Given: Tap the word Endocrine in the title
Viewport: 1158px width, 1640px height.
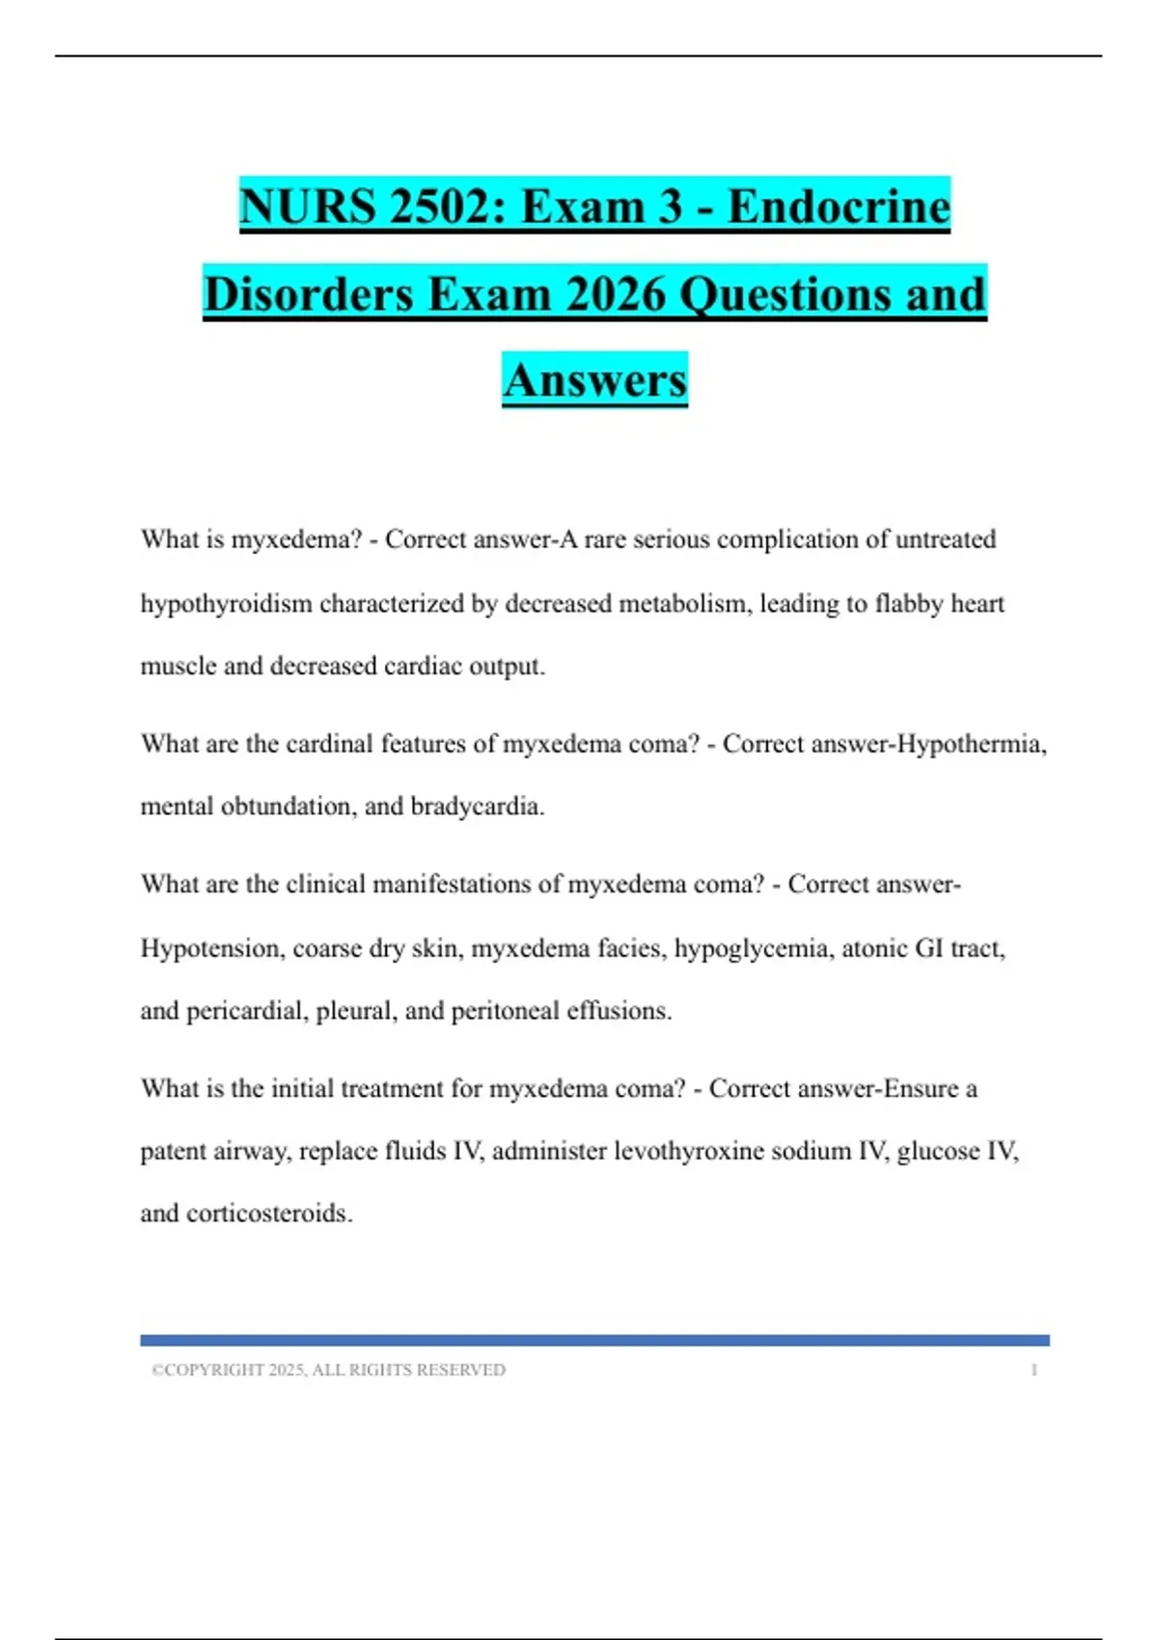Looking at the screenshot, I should (x=839, y=206).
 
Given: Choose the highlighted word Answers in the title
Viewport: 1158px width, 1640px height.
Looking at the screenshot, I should (x=594, y=380).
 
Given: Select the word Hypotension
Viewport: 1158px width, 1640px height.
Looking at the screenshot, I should (x=212, y=948).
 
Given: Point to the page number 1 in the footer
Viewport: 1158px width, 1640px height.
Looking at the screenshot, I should (x=1034, y=1370).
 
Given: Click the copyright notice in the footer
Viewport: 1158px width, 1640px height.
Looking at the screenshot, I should (x=328, y=1370).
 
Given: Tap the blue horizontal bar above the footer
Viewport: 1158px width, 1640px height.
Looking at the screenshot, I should (x=594, y=1340).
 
